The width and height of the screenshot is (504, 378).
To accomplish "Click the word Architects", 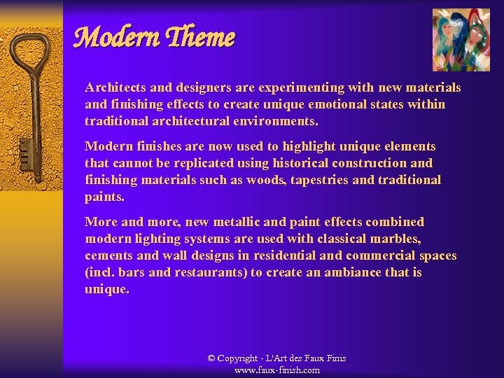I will tap(114, 87).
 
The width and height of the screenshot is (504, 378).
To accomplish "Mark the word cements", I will tap(108, 255).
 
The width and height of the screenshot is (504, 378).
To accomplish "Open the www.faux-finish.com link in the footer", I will tap(277, 370).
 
